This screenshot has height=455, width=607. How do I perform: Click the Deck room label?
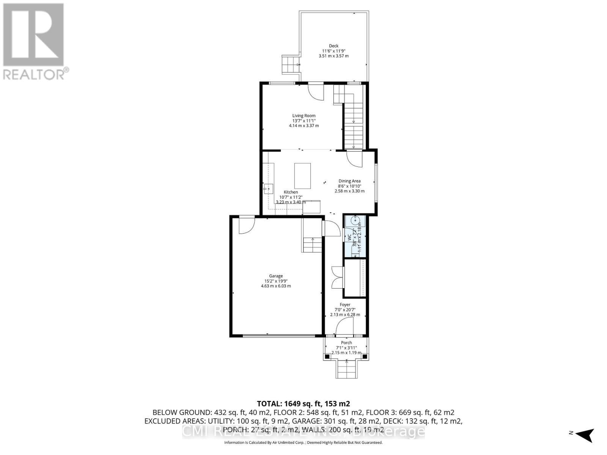[333, 46]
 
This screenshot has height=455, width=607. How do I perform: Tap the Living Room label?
[303, 116]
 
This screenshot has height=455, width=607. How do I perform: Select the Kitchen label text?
[291, 192]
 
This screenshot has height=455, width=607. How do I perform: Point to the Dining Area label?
[349, 181]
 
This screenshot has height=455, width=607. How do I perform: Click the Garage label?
[276, 276]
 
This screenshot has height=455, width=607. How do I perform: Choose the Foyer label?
[345, 305]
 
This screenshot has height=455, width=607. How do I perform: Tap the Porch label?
[346, 343]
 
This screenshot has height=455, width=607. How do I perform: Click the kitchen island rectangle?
[302, 176]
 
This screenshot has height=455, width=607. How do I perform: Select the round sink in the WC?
[356, 220]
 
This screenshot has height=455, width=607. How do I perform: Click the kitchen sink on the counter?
[269, 188]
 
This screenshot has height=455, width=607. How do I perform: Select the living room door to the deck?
[316, 92]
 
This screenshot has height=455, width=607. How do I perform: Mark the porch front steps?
[346, 369]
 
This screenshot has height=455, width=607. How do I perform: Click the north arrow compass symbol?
[585, 434]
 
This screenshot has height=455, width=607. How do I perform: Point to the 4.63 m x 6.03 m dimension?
[276, 286]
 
